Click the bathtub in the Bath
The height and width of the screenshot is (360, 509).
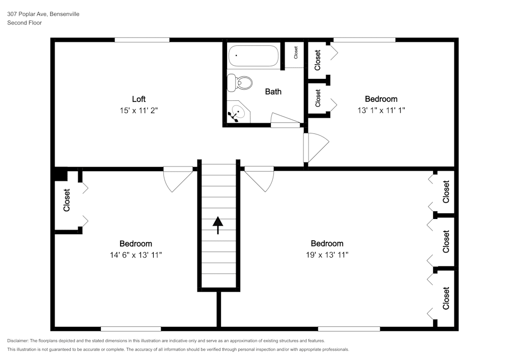pyautogui.click(x=253, y=57)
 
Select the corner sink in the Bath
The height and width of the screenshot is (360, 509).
pyautogui.click(x=238, y=113)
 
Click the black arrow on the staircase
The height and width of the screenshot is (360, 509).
pyautogui.click(x=218, y=225)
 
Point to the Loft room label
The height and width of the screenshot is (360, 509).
pyautogui.click(x=139, y=99)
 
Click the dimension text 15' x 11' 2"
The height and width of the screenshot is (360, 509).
pyautogui.click(x=139, y=110)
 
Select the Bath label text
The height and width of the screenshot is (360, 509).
pyautogui.click(x=273, y=92)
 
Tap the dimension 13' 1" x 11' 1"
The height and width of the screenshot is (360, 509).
pyautogui.click(x=381, y=110)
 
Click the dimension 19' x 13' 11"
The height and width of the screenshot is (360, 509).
pyautogui.click(x=327, y=255)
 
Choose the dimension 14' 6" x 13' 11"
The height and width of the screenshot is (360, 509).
pyautogui.click(x=135, y=255)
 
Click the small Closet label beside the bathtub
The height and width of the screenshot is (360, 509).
pyautogui.click(x=295, y=52)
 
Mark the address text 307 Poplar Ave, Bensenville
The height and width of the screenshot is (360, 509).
pyautogui.click(x=43, y=14)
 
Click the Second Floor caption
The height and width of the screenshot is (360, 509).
pyautogui.click(x=24, y=23)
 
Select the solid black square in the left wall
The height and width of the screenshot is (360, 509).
pyautogui.click(x=60, y=174)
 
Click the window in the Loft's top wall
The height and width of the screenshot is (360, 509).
pyautogui.click(x=142, y=40)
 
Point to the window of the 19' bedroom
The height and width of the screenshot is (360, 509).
pyautogui.click(x=349, y=329)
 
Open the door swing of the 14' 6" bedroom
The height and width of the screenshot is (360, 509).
pyautogui.click(x=176, y=179)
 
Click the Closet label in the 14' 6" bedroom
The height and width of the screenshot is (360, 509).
pyautogui.click(x=67, y=201)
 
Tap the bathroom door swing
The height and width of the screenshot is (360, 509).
pyautogui.click(x=285, y=121)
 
